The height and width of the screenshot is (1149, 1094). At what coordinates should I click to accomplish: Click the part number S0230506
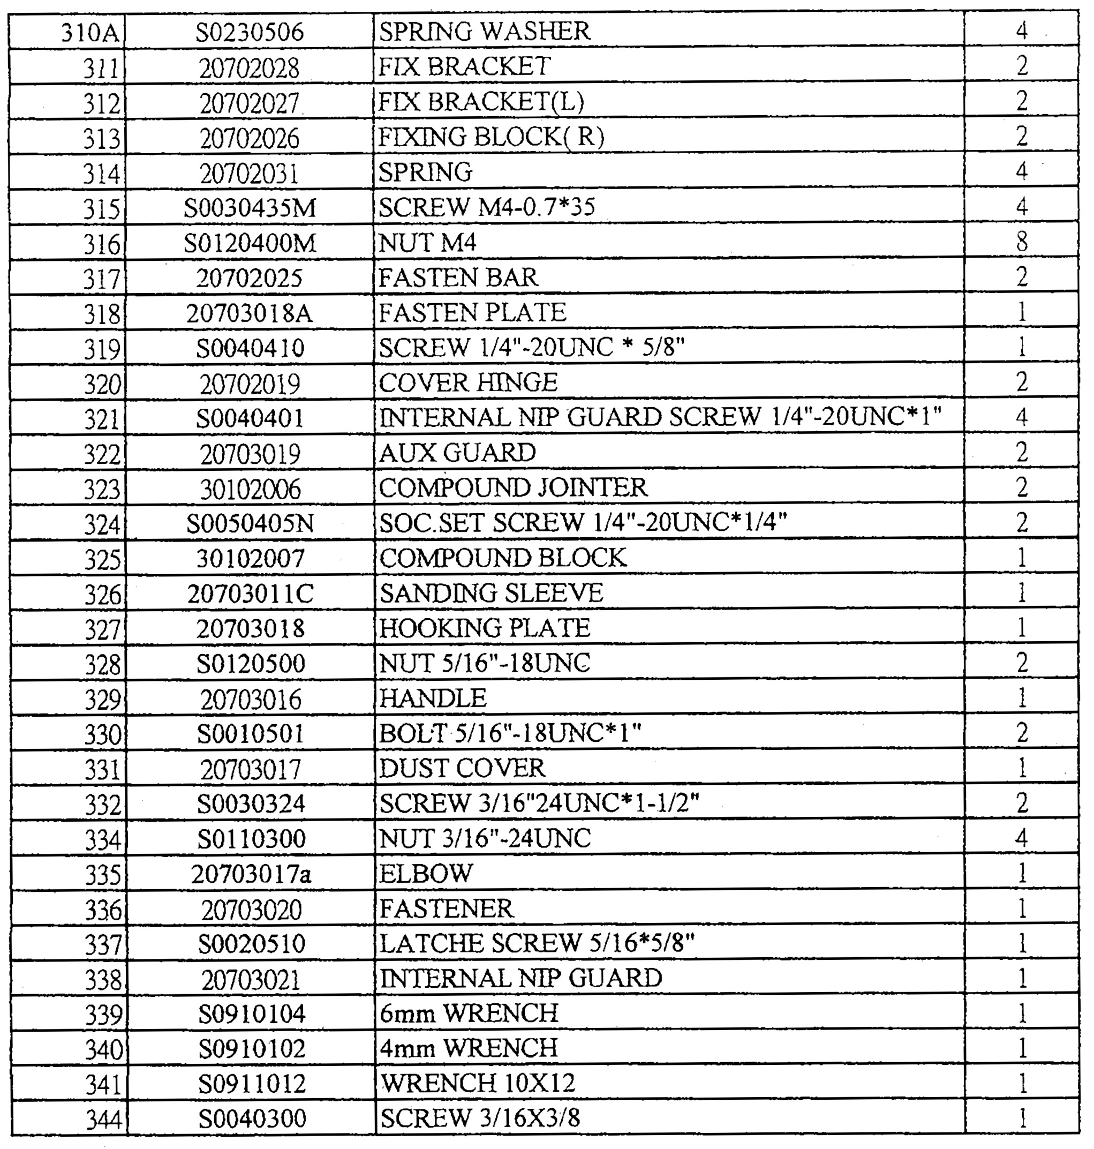250,32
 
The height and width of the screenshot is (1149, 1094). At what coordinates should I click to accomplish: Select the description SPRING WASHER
484,31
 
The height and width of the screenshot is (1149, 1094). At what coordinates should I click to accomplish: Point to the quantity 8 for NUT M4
1021,242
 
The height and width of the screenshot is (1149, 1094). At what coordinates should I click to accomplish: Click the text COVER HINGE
468,382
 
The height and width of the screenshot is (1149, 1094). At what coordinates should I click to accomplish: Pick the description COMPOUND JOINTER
513,487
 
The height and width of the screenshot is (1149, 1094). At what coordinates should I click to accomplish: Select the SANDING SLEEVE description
491,593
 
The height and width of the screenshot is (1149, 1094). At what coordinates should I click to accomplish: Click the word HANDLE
433,698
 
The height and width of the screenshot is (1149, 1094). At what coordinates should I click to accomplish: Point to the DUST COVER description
463,768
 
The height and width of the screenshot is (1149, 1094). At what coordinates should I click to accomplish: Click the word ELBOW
426,873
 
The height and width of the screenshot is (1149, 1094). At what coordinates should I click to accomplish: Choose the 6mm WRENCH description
469,1013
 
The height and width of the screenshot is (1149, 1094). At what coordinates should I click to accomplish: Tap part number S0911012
252,1084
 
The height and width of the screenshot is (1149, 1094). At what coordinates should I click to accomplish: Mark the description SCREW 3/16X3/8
480,1118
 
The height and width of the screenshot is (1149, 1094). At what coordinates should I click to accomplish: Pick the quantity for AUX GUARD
1021,453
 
